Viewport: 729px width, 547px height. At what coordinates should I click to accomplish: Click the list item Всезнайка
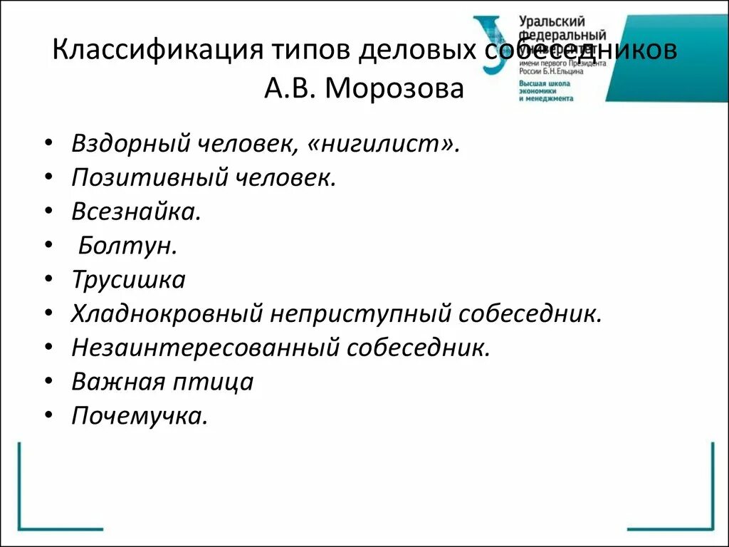tap(136, 212)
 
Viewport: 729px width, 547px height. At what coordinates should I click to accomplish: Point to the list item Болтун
tap(127, 246)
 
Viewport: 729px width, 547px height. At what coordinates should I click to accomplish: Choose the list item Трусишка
tap(128, 280)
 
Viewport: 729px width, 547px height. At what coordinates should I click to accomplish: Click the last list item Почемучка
tap(140, 416)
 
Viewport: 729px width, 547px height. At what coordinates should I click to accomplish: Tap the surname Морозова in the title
tap(396, 90)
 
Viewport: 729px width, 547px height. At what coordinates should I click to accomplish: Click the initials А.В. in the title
tap(293, 90)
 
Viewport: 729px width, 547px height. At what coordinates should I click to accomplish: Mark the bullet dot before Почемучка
tap(47, 415)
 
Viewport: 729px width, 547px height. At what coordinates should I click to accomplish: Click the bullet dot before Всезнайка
tap(47, 211)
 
